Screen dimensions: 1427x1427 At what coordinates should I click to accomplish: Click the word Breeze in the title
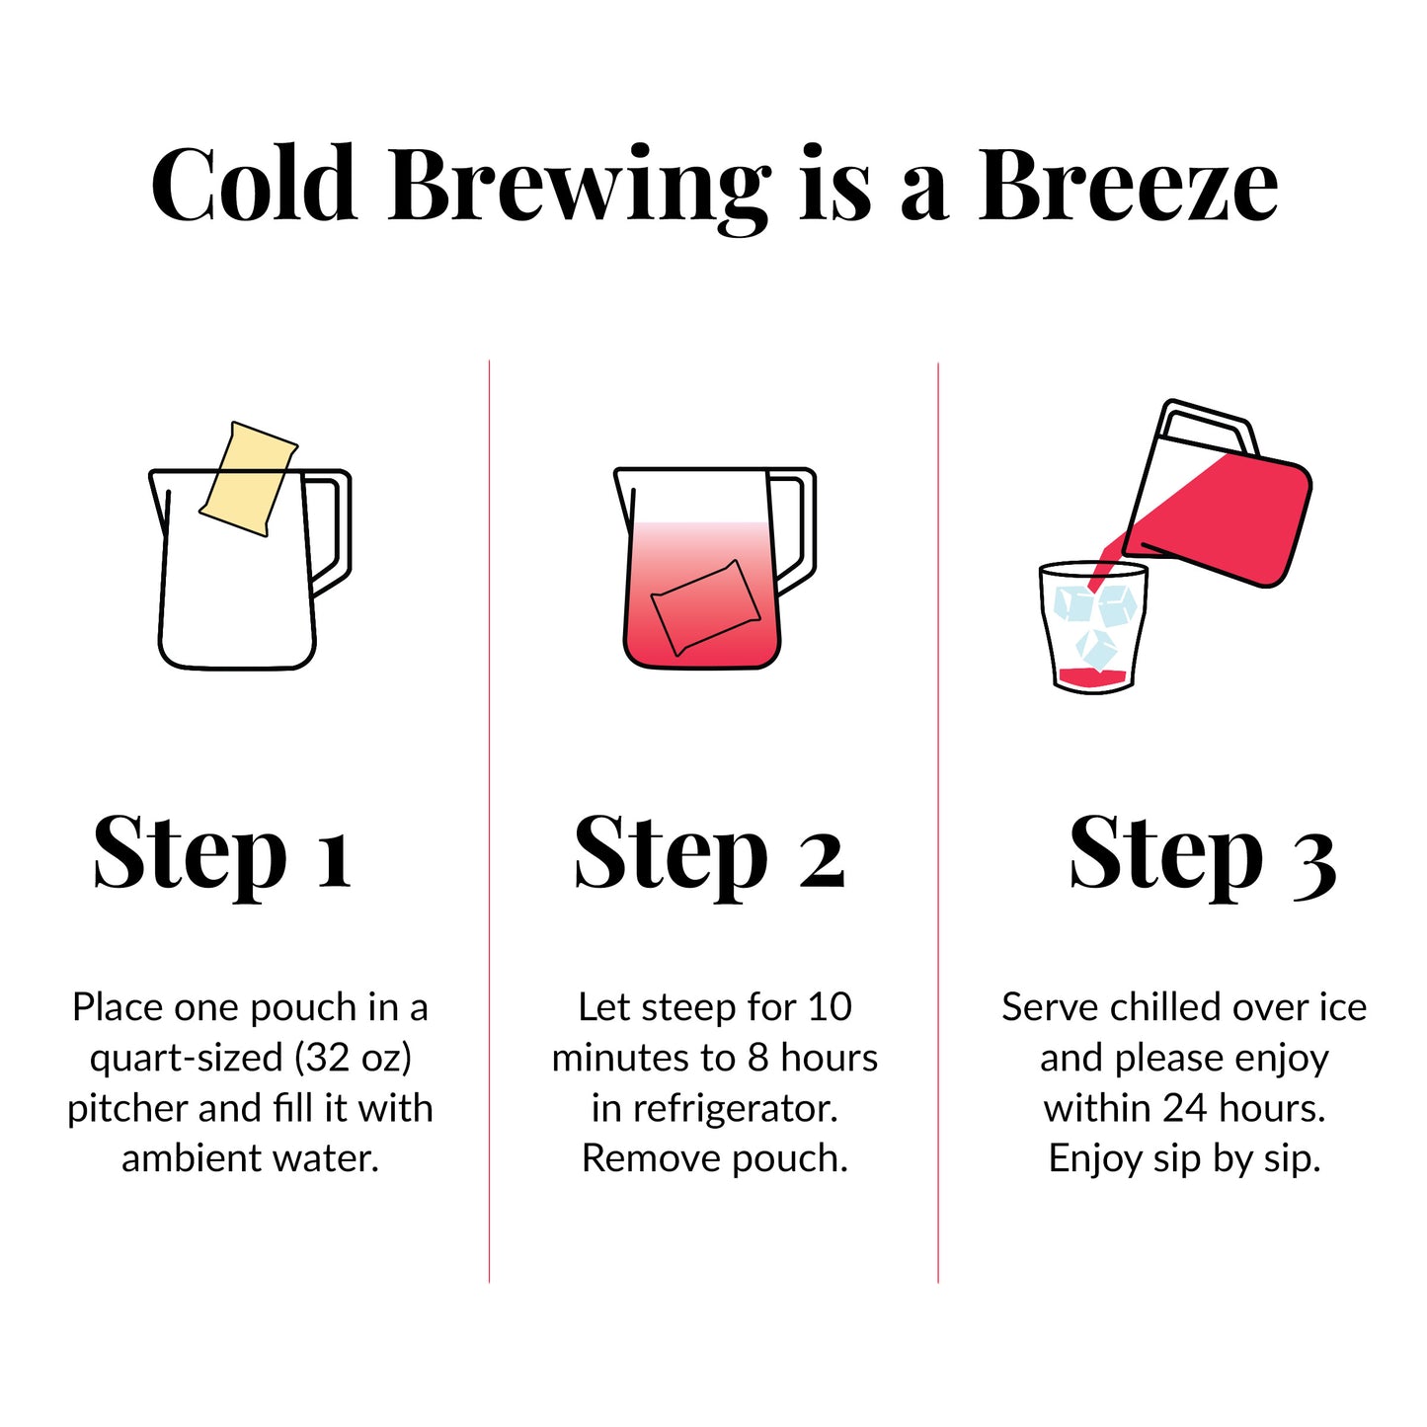pyautogui.click(x=1128, y=185)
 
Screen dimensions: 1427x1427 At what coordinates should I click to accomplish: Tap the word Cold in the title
pyautogui.click(x=254, y=185)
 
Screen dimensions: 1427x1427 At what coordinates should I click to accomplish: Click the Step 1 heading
pyautogui.click(x=222, y=853)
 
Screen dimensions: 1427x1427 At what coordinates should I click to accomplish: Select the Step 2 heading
pyautogui.click(x=709, y=853)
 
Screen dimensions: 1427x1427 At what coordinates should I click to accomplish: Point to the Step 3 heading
pyautogui.click(x=1202, y=853)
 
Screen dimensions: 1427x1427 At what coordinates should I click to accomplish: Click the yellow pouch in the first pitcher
pyautogui.click(x=249, y=479)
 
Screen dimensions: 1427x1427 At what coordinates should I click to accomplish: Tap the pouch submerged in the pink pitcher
pyautogui.click(x=705, y=606)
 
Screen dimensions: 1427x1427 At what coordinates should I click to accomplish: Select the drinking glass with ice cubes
pyautogui.click(x=1093, y=628)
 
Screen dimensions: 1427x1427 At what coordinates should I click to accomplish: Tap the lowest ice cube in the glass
pyautogui.click(x=1096, y=648)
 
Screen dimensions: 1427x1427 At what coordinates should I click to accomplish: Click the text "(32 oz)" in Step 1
pyautogui.click(x=353, y=1058)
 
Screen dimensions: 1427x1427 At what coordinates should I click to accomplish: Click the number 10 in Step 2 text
pyautogui.click(x=830, y=1007)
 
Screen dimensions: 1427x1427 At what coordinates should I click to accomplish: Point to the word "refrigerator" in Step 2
pyautogui.click(x=735, y=1108)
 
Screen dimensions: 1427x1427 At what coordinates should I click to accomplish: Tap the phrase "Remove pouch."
pyautogui.click(x=714, y=1158)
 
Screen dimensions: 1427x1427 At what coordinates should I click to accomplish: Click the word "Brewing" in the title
pyautogui.click(x=579, y=185)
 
